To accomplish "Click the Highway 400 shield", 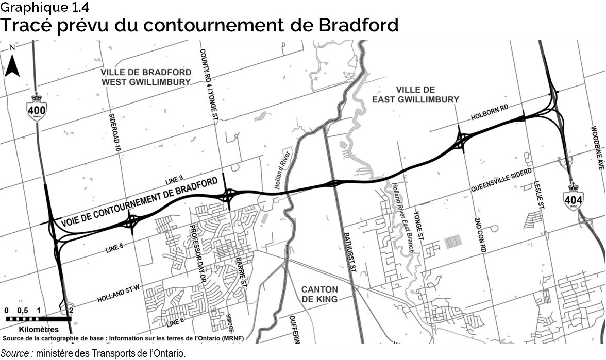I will [37, 107].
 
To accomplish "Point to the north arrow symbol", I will [12, 63].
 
